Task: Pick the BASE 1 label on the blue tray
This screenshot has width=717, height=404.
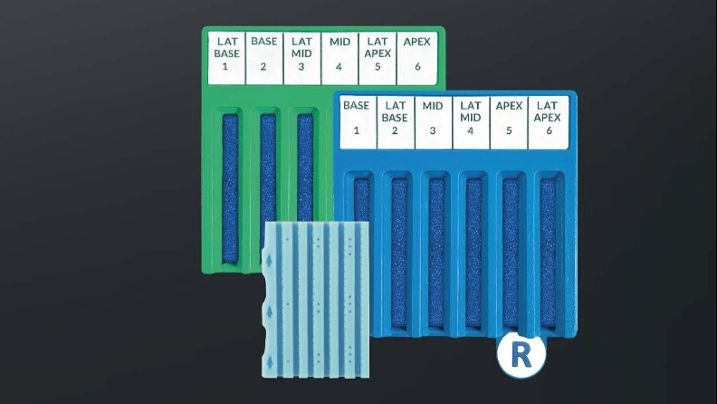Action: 357,122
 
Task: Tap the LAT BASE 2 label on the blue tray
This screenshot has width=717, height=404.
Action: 395,122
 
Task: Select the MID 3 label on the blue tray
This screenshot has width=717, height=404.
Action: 433,122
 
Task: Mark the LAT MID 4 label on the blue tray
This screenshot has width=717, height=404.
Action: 471,122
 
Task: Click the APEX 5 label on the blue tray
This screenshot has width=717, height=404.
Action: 509,122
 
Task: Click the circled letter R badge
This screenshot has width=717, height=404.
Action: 521,354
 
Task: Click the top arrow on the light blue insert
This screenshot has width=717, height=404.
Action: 270,257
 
